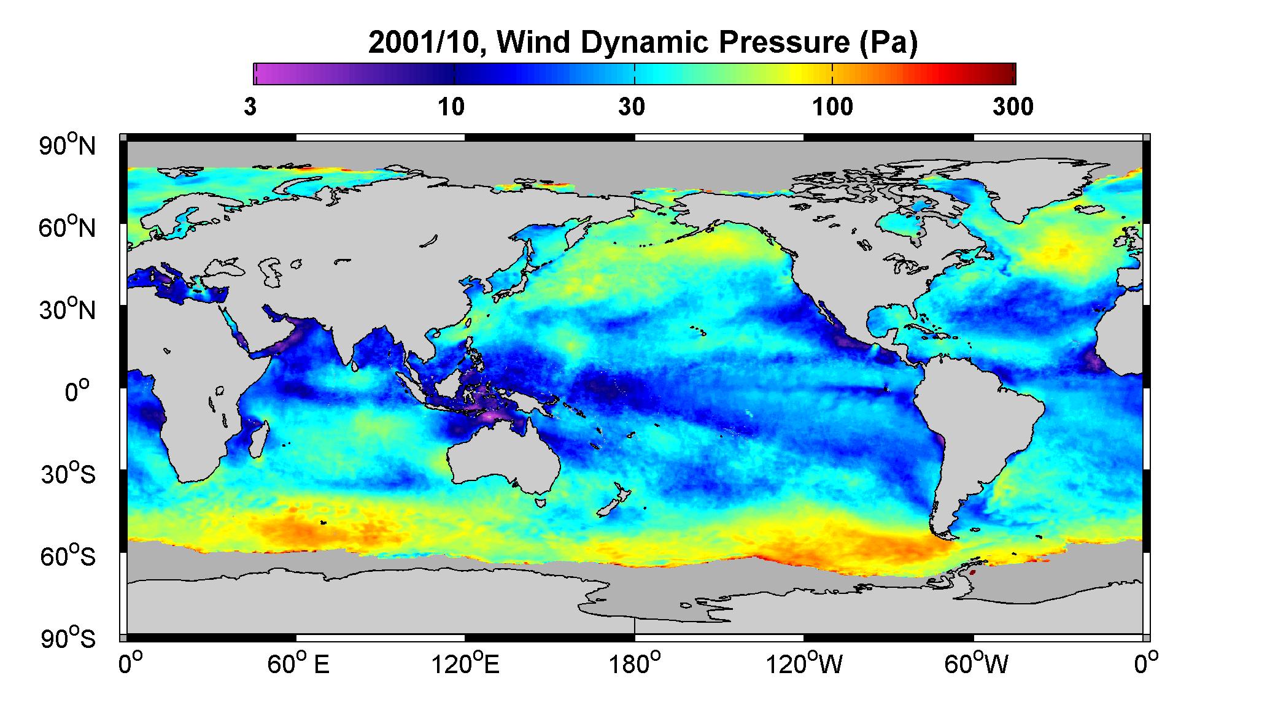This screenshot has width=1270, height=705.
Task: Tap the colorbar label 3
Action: (x=250, y=107)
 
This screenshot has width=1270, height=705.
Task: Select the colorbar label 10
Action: (x=451, y=107)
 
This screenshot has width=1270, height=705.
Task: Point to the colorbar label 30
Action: (x=632, y=107)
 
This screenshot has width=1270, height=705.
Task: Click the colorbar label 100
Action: (x=832, y=107)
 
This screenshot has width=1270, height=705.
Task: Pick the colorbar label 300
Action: (x=1013, y=107)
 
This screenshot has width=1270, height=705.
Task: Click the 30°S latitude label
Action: (x=68, y=474)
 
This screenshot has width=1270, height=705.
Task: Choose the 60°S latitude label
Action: (x=68, y=557)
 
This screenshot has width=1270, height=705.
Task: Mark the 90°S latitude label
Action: (x=68, y=639)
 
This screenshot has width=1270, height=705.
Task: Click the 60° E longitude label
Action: (x=298, y=664)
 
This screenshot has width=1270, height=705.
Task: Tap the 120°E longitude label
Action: (x=465, y=664)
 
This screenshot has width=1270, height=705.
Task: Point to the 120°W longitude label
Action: (x=804, y=664)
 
